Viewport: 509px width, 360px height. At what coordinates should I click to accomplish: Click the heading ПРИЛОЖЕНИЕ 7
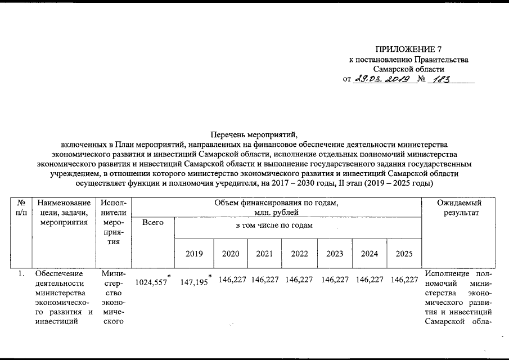pyautogui.click(x=408, y=49)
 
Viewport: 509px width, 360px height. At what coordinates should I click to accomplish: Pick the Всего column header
pyautogui.click(x=153, y=223)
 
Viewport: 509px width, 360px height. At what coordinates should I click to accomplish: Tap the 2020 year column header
pyautogui.click(x=231, y=253)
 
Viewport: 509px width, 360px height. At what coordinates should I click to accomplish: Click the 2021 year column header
pyautogui.click(x=264, y=253)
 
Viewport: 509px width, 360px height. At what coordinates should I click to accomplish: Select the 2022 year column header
pyautogui.click(x=299, y=253)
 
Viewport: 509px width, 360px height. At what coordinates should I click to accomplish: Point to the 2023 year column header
pyautogui.click(x=335, y=253)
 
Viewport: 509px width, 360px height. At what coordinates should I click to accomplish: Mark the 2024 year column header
pyautogui.click(x=370, y=253)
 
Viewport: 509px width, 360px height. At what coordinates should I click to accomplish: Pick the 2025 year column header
pyautogui.click(x=404, y=253)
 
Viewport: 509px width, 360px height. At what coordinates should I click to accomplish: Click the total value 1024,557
pyautogui.click(x=152, y=282)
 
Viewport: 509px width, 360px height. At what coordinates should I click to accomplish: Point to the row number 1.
pyautogui.click(x=21, y=274)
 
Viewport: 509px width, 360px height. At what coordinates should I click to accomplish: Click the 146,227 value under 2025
pyautogui.click(x=404, y=280)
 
